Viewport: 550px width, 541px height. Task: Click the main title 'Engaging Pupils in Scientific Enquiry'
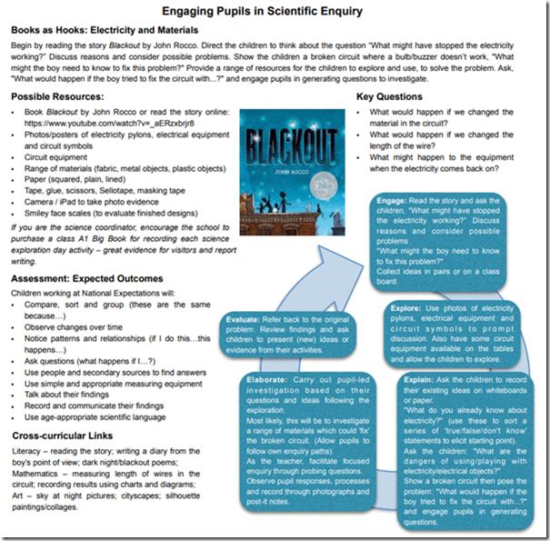(x=275, y=13)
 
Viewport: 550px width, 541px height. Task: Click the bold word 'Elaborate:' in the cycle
(x=263, y=379)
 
